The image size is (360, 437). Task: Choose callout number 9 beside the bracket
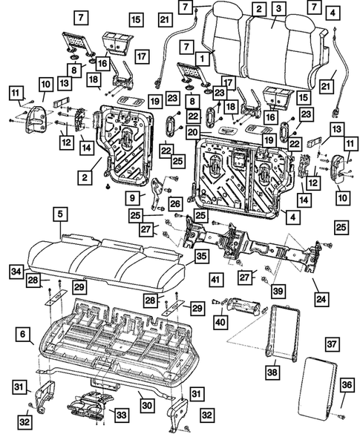pyautogui.click(x=131, y=198)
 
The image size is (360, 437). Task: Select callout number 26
pyautogui.click(x=174, y=204)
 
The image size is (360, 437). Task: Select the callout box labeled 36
pyautogui.click(x=345, y=385)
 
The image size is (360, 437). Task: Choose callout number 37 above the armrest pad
pyautogui.click(x=333, y=344)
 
